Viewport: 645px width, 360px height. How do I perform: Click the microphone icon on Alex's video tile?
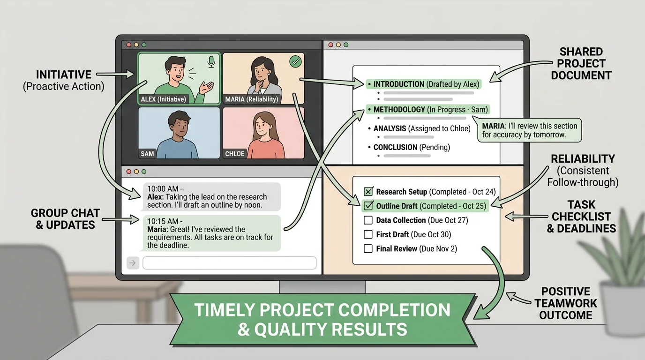(x=211, y=61)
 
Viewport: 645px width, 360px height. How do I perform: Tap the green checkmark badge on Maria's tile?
(x=295, y=61)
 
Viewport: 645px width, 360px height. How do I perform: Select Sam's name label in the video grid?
(x=147, y=154)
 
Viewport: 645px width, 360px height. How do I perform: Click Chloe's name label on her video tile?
(x=234, y=154)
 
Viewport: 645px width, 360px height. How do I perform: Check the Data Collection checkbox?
(x=368, y=220)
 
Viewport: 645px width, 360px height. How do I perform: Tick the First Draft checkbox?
(x=368, y=234)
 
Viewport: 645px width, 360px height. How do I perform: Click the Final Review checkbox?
(x=368, y=248)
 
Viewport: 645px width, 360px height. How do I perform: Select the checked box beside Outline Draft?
(x=368, y=206)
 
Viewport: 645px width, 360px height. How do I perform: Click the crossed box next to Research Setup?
(x=368, y=192)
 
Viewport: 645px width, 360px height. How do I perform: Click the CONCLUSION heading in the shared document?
(x=395, y=147)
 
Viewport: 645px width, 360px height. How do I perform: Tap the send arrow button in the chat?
(x=133, y=263)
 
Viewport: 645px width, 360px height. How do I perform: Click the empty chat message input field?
(x=229, y=263)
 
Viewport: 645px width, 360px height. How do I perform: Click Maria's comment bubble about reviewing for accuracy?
(x=528, y=130)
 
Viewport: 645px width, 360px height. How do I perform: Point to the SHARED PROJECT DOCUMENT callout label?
(x=581, y=64)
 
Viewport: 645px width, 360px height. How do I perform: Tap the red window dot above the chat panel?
(x=126, y=172)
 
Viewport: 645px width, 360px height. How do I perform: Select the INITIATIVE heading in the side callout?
(x=64, y=75)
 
